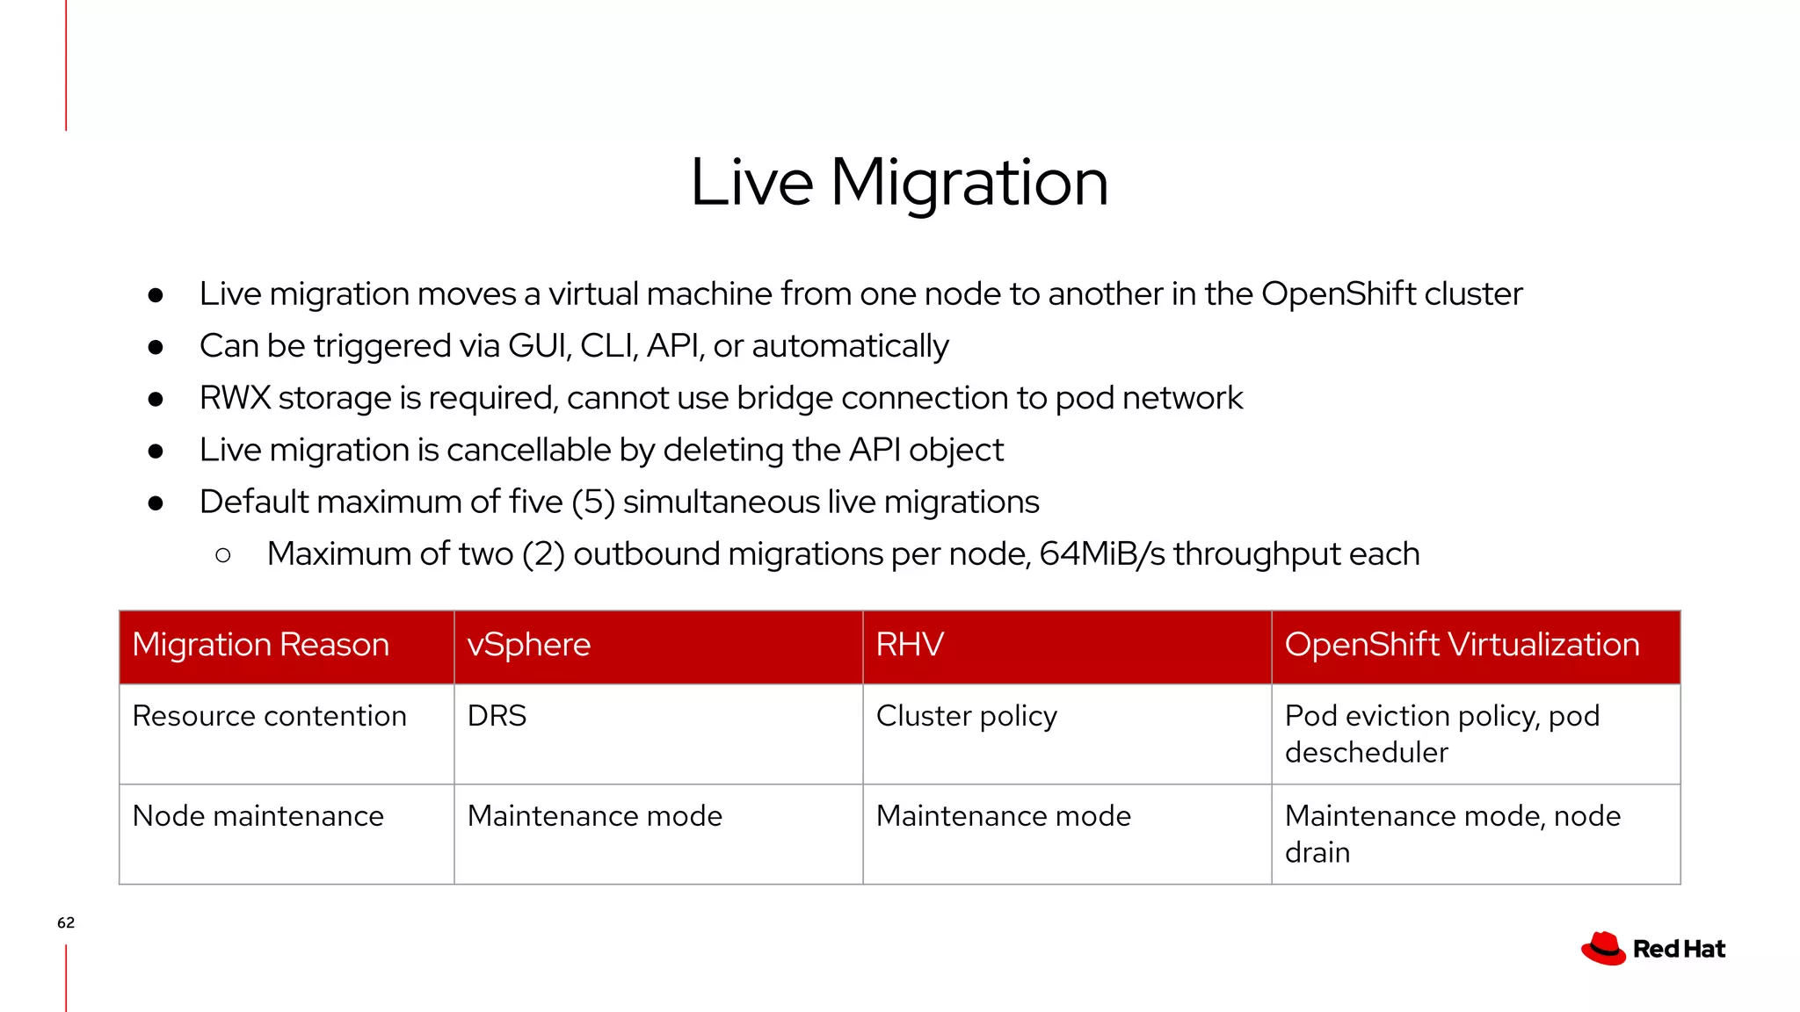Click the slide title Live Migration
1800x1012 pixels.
coord(898,182)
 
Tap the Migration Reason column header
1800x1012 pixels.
coord(260,645)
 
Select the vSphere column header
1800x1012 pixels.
coord(528,645)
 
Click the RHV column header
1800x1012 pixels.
coord(910,645)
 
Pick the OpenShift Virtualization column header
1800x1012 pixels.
coord(1462,645)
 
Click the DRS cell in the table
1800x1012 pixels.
coord(497,716)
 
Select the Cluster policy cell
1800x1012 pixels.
coord(966,716)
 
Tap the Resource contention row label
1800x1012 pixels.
coord(269,716)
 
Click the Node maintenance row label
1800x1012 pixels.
coord(258,816)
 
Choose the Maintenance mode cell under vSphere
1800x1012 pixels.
coord(594,816)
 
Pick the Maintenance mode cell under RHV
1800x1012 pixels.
coord(1003,816)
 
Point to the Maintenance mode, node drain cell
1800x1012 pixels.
coord(1452,833)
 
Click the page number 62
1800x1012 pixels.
coord(66,922)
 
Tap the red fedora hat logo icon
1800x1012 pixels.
coord(1603,949)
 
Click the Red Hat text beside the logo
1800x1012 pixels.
coord(1679,950)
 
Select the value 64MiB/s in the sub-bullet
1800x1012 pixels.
coord(1101,554)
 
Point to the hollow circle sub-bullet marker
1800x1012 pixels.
coord(223,555)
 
